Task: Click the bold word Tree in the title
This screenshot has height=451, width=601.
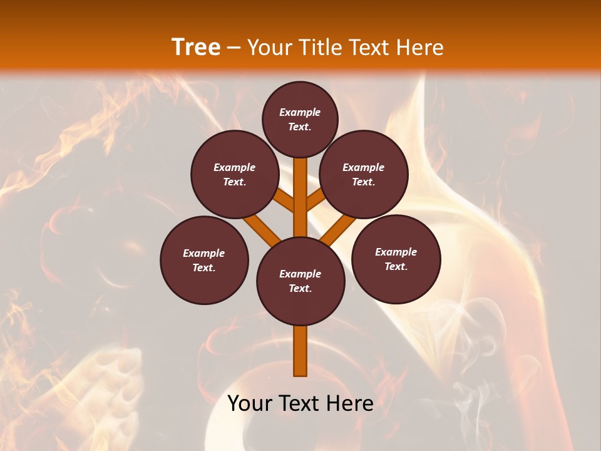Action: (x=196, y=48)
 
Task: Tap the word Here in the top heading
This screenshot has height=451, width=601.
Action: (x=421, y=48)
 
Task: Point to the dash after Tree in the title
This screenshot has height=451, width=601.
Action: (x=234, y=48)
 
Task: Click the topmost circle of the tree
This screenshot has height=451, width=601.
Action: (x=300, y=119)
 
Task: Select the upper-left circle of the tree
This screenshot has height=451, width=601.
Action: (x=235, y=174)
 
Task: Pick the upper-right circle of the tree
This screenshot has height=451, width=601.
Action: (x=364, y=174)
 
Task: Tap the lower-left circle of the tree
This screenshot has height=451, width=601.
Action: (x=204, y=260)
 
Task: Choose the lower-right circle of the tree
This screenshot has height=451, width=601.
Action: (x=396, y=259)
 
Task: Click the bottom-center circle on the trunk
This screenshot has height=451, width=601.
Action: (x=300, y=281)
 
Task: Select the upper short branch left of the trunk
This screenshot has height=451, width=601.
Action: (x=284, y=200)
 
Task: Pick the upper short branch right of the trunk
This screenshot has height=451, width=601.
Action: (x=317, y=199)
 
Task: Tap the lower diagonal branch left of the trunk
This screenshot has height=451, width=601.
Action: (x=262, y=230)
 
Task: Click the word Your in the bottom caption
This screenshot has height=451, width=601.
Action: (x=249, y=403)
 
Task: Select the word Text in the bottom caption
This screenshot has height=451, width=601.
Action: (x=300, y=403)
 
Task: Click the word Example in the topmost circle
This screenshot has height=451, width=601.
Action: (x=300, y=113)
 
